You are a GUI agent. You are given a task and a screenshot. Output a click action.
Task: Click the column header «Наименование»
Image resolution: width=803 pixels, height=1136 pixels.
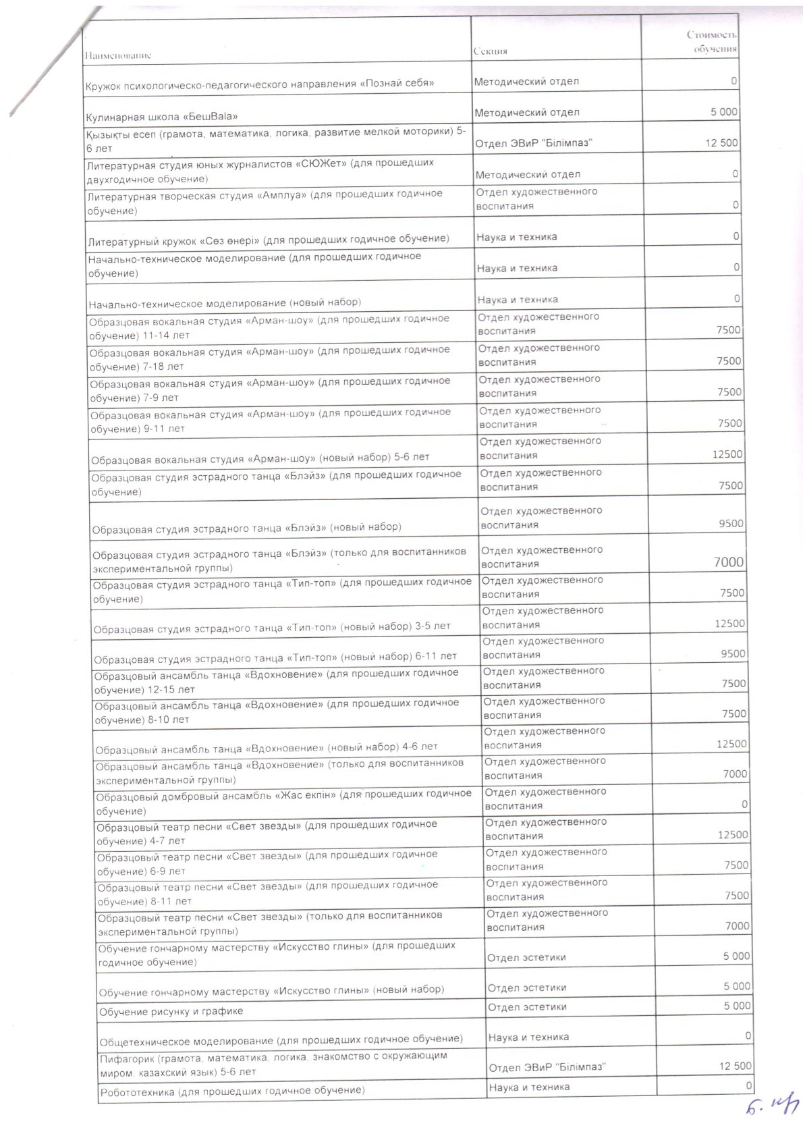[x=119, y=55]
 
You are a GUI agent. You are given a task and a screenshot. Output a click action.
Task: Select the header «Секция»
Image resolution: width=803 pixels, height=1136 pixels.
[x=491, y=51]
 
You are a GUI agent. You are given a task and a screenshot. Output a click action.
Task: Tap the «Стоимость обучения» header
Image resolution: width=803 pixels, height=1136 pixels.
[x=711, y=42]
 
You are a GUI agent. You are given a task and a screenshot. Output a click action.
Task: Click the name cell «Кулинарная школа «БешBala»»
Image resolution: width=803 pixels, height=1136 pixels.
[x=162, y=116]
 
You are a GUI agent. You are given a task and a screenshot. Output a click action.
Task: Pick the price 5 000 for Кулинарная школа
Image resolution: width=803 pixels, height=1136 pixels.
[x=723, y=112]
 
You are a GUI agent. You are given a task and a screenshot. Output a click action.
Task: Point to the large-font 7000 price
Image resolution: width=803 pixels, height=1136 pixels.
[x=728, y=562]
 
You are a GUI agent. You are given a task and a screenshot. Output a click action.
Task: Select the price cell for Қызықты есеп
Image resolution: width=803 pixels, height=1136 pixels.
[x=723, y=143]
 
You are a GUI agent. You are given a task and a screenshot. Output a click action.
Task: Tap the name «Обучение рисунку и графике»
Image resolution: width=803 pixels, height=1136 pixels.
[x=171, y=1011]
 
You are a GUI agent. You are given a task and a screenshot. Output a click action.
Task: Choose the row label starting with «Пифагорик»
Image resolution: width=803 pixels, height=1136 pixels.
[x=273, y=1064]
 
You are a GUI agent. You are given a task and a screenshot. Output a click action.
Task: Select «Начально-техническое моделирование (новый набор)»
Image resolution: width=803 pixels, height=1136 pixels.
[x=225, y=302]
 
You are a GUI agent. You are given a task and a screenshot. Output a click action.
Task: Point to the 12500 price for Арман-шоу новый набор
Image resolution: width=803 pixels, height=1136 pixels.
[x=727, y=455]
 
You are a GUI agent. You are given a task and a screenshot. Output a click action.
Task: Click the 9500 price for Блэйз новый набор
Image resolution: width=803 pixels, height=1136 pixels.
[x=731, y=524]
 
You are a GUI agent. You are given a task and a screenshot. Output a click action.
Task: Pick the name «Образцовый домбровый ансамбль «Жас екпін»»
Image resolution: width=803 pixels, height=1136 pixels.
[x=283, y=802]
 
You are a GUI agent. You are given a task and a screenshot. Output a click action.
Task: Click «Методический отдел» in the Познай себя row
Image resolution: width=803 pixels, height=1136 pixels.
[x=526, y=82]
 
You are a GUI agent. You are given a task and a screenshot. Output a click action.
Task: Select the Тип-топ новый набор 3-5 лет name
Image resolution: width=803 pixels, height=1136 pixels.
[x=272, y=627]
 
